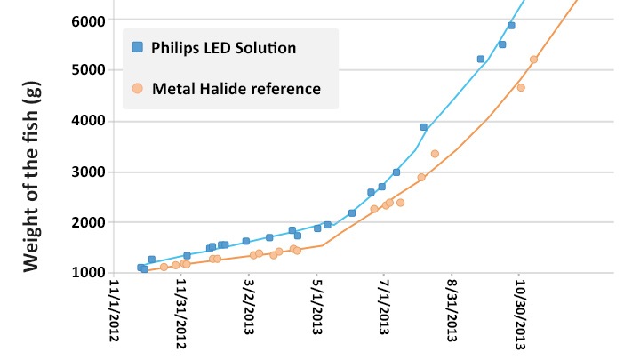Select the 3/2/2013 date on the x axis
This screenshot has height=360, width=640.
[250, 312]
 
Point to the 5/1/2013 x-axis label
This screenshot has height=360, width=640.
[317, 312]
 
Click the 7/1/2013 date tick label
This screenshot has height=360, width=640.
[385, 312]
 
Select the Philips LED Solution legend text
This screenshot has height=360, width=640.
[224, 47]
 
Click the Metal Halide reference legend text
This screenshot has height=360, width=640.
[236, 89]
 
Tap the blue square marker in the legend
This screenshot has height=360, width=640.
[136, 47]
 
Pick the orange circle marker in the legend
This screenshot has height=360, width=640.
[136, 89]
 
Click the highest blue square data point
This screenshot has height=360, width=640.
[511, 26]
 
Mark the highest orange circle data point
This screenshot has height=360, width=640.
[533, 60]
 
